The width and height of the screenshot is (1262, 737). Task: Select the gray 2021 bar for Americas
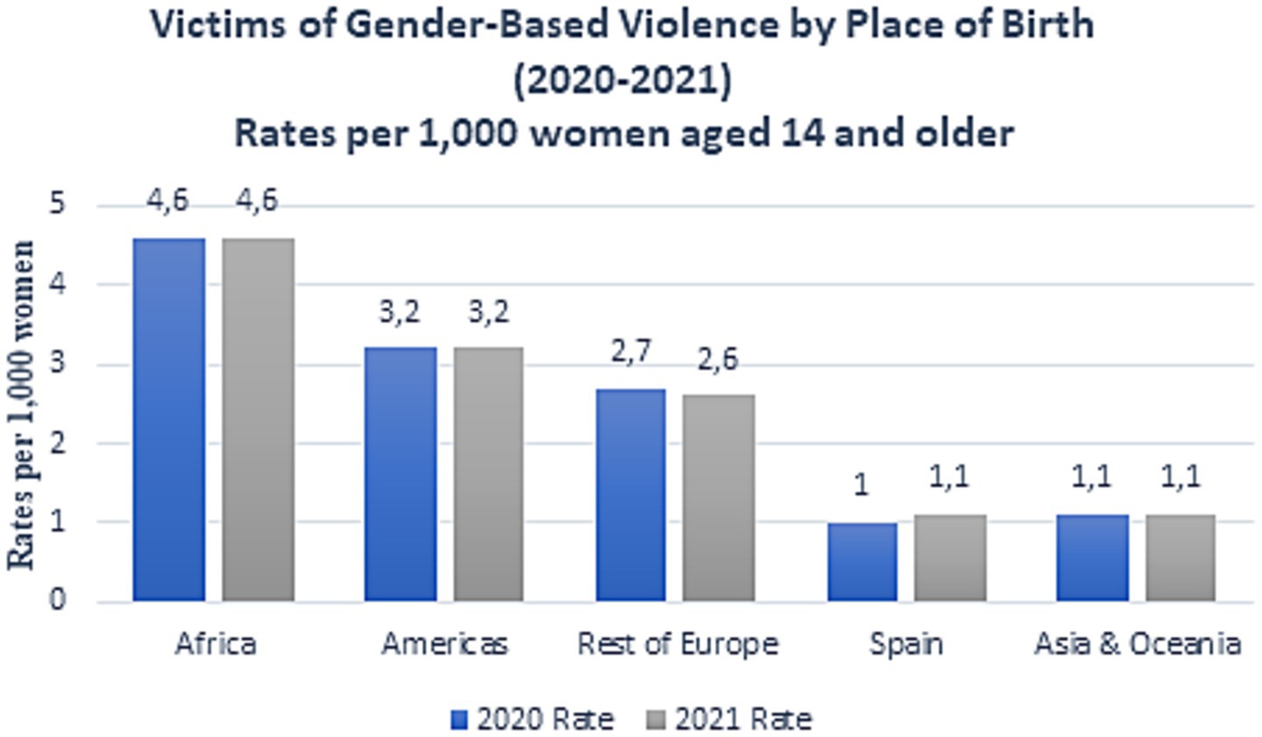(489, 474)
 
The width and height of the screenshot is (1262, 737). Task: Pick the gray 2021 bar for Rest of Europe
(719, 497)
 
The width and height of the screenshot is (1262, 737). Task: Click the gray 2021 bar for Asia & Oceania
(1181, 557)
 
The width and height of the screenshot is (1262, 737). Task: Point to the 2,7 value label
(631, 352)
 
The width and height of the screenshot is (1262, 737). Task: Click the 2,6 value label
(718, 359)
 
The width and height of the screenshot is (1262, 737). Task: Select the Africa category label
(215, 644)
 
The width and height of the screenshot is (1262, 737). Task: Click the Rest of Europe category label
(678, 644)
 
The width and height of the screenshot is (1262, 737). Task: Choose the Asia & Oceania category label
(1137, 644)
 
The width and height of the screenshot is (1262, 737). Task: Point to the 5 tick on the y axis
(58, 204)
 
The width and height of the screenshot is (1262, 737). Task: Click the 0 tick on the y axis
(58, 600)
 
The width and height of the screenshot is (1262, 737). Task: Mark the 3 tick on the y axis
(58, 363)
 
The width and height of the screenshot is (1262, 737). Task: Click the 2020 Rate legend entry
(532, 719)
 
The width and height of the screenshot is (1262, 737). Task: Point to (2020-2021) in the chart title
(622, 81)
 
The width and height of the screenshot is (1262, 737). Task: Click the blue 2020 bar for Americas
(400, 474)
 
